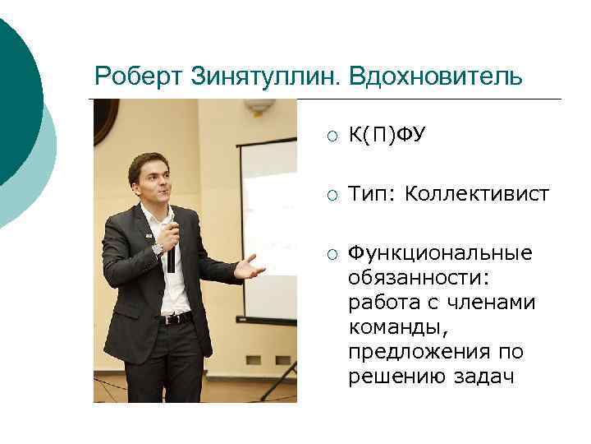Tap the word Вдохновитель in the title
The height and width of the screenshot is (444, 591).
pos(435,77)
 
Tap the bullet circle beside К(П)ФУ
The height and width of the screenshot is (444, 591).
pos(330,135)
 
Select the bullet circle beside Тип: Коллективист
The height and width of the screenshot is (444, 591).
pos(330,195)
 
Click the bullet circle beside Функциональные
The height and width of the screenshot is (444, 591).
pos(330,252)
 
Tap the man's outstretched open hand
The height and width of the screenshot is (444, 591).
pos(248,266)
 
